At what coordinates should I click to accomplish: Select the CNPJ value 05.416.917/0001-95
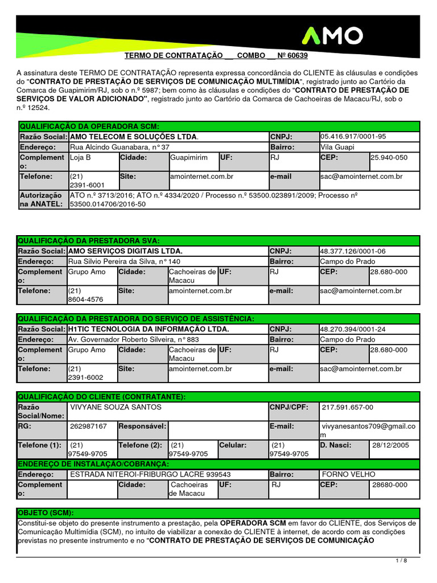353,137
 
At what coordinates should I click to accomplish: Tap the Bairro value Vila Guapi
337,147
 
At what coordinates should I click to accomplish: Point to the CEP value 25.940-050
389,157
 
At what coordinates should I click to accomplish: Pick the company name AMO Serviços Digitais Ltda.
125,251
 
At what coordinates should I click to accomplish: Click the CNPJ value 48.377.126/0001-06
353,251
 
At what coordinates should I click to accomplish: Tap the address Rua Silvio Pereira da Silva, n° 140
116,261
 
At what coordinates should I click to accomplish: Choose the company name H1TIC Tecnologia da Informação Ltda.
149,329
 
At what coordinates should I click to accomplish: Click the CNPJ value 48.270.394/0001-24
353,329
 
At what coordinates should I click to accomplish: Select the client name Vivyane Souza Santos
115,407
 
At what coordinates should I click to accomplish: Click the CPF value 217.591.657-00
348,407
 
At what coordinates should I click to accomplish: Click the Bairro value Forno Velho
344,474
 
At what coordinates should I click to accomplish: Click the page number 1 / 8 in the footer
401,561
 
